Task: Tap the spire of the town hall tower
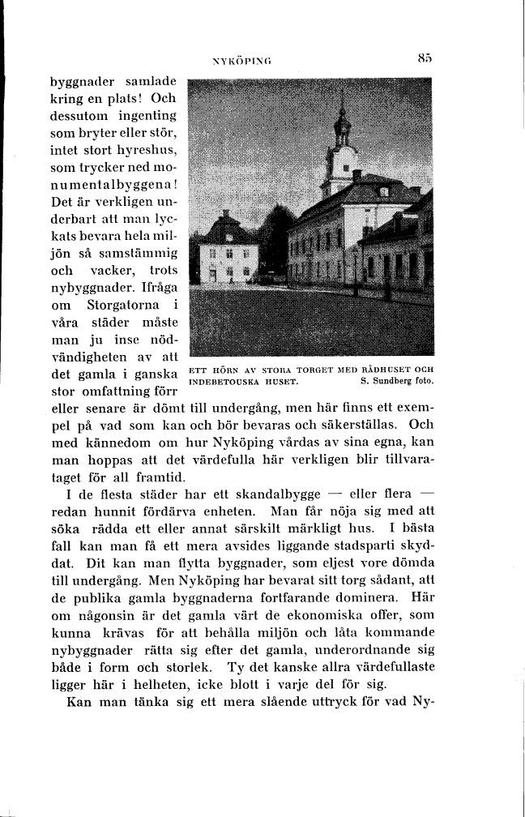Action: pyautogui.click(x=342, y=109)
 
